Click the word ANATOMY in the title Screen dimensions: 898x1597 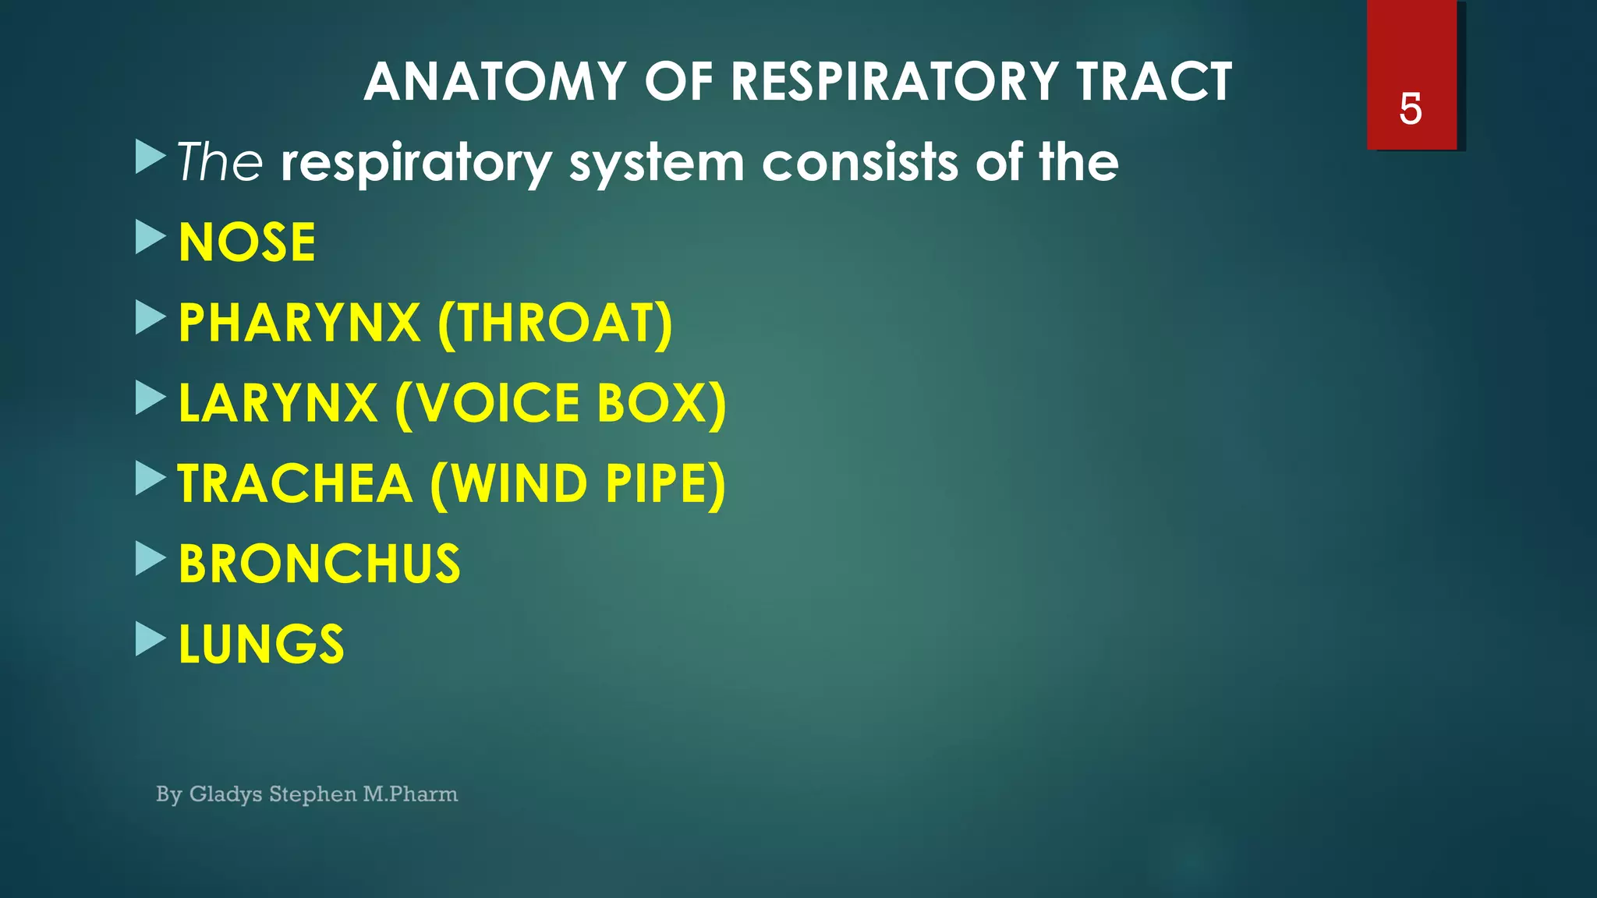[x=495, y=82]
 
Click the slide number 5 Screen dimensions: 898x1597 [x=1411, y=108]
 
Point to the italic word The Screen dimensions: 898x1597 [x=220, y=162]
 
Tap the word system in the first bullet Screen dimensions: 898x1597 [x=657, y=164]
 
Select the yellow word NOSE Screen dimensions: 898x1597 [x=247, y=242]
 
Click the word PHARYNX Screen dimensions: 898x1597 [x=299, y=323]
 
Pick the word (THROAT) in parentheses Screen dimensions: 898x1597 [x=555, y=323]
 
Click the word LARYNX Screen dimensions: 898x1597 [x=278, y=403]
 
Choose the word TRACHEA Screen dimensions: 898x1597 [x=295, y=483]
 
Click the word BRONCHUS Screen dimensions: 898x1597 [x=320, y=564]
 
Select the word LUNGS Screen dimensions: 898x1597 [x=261, y=644]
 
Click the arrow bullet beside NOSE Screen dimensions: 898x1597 [x=150, y=237]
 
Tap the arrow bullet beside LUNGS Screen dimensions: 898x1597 [x=150, y=638]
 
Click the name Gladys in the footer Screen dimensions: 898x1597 [x=225, y=794]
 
